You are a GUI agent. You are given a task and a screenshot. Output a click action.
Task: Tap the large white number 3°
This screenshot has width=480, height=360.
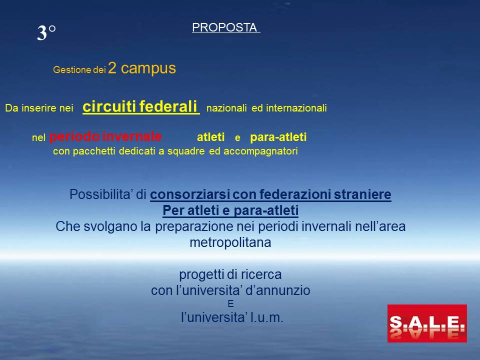click(x=46, y=32)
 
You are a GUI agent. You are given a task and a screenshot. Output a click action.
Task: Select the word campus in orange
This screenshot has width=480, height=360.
click(x=148, y=68)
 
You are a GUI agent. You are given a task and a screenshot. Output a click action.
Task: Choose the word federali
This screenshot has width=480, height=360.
click(x=168, y=106)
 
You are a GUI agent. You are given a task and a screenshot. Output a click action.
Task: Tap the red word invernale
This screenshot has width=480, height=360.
click(x=132, y=136)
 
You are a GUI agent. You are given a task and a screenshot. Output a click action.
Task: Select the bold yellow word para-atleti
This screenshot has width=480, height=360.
click(x=278, y=137)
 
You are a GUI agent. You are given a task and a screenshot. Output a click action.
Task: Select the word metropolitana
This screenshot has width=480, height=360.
click(x=230, y=242)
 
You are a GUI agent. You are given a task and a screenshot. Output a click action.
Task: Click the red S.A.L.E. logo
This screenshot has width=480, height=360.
click(x=427, y=323)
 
